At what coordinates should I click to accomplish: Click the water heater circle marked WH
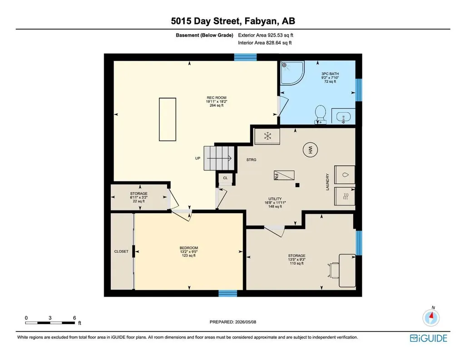coord(310,149)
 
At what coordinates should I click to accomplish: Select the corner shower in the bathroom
coord(292,73)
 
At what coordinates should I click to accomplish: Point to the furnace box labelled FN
coord(284,175)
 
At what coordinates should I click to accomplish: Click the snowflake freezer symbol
coord(267,136)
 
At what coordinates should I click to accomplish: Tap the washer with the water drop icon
coord(345,175)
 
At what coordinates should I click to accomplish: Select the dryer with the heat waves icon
coord(345,196)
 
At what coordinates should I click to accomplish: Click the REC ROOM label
coord(217,98)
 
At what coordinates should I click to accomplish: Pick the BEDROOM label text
coord(188,248)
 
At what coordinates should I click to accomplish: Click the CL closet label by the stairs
coord(225,178)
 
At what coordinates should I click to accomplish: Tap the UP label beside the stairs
coord(198,159)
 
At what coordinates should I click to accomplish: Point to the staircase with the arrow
coord(218,158)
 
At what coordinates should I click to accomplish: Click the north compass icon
coord(431,318)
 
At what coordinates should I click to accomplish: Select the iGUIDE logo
coord(429,338)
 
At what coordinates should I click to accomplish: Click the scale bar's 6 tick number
coord(74,318)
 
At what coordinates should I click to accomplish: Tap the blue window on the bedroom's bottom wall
coord(228,293)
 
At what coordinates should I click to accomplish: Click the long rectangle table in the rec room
coord(168,119)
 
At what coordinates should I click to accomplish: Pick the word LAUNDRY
coord(328,182)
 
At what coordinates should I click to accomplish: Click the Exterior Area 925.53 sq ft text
coord(266,35)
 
